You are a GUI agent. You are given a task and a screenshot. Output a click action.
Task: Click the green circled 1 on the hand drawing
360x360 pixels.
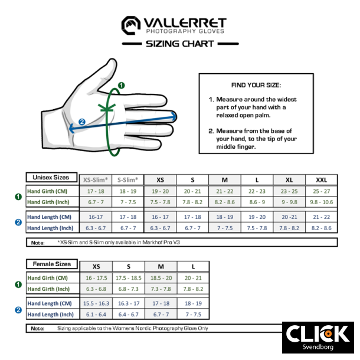tap(122, 86)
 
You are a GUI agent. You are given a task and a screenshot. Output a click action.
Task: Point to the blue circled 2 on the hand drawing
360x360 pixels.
tap(81, 122)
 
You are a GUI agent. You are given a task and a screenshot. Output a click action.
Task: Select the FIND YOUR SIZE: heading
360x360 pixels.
tap(256, 85)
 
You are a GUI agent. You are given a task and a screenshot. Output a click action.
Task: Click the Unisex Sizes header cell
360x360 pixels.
tap(51, 177)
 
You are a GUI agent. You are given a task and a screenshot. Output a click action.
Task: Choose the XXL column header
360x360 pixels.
tap(321, 180)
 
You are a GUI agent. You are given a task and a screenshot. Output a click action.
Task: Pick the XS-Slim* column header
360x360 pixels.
tap(95, 180)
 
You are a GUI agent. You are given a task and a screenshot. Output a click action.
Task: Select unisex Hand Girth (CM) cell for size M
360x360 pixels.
tap(225, 191)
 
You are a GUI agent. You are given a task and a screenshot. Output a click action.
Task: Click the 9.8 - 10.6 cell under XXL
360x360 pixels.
tap(321, 202)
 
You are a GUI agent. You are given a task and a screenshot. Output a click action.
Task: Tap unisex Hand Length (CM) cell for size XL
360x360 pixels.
tap(289, 217)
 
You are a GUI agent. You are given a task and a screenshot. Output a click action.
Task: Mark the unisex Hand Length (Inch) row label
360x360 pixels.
tap(50, 228)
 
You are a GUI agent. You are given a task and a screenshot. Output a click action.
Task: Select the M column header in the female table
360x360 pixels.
tap(161, 267)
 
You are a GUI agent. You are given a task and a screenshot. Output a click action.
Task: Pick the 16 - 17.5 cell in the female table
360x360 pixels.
tap(96, 278)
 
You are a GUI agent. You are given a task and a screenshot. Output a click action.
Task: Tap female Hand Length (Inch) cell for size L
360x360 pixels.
tap(193, 315)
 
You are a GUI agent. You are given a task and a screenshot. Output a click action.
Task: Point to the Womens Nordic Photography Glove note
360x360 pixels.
tap(132, 328)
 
